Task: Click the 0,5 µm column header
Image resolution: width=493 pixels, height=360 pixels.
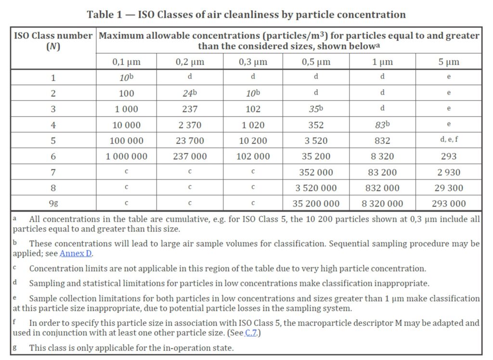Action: coord(316,62)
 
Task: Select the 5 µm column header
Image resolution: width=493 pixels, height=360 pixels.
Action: coord(449,62)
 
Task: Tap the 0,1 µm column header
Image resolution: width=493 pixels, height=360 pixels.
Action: coord(126,62)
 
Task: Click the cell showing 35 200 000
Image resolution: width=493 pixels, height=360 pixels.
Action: coord(316,204)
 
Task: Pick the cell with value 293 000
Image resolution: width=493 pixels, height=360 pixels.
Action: coord(449,204)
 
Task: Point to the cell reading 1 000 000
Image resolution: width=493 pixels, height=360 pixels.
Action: coord(126,156)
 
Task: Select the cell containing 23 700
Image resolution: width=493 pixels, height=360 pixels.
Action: coord(190,141)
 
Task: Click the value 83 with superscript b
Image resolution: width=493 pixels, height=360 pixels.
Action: coord(382,125)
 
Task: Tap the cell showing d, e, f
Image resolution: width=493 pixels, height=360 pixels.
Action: coord(449,141)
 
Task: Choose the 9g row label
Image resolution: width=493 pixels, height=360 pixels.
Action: coord(53,204)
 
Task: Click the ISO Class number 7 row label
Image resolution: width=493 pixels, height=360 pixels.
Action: coord(53,172)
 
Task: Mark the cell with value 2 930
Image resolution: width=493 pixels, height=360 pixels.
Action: coord(449,172)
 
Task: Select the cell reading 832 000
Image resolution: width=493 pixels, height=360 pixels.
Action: coord(382,188)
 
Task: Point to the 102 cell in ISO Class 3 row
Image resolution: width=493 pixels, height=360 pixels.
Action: coord(253,109)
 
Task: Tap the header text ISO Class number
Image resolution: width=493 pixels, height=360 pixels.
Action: coord(53,36)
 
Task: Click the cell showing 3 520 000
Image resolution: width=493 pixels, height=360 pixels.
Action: coord(316,188)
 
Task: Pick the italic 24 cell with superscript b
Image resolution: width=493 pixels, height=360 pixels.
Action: coord(190,93)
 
